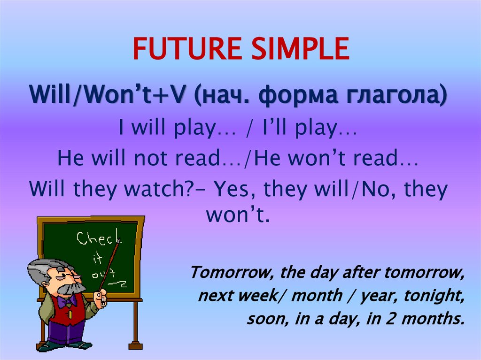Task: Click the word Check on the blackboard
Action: [x=96, y=239]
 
